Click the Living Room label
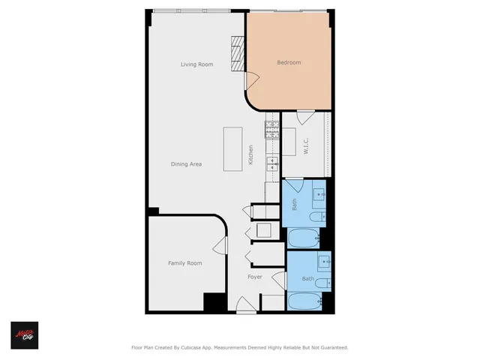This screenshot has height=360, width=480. pos(196,64)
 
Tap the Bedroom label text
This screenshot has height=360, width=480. pos(289,62)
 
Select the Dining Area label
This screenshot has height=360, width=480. pos(186,163)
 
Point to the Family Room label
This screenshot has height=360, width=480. pos(184,263)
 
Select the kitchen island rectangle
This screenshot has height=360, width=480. pos(232,148)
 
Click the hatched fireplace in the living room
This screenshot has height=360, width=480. pos(238,53)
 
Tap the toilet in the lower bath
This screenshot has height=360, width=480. pos(319,283)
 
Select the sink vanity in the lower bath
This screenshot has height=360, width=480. pos(325,262)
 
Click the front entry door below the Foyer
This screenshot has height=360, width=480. pos(246,306)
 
